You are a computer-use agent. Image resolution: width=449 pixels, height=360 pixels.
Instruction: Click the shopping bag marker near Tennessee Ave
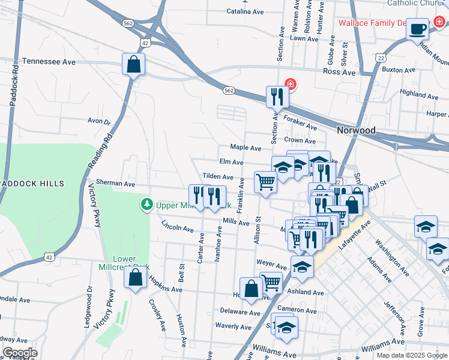pos(134,64)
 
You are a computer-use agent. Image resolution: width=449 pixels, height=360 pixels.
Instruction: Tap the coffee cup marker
pos(417,28)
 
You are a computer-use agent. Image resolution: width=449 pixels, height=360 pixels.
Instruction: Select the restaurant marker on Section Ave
pos(277,97)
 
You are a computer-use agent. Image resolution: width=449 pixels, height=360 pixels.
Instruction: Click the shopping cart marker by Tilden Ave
pos(265,182)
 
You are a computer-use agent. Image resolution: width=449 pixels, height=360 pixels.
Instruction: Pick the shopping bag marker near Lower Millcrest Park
pos(135,278)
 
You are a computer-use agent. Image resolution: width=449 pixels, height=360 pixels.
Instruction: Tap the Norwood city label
pos(356,130)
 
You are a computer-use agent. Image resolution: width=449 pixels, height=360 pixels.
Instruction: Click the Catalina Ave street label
pos(246,11)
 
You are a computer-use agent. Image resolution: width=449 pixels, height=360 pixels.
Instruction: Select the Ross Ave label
pos(339,71)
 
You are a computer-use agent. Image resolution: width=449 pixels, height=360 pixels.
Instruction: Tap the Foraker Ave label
pos(300,122)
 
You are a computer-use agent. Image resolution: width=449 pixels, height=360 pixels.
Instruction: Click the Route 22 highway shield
pos(380,57)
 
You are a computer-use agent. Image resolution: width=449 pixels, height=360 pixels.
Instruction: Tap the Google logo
pos(20,353)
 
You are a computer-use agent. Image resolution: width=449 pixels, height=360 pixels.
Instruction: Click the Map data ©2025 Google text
pos(411,355)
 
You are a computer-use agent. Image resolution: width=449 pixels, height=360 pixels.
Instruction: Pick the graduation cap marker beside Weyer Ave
pos(302,266)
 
